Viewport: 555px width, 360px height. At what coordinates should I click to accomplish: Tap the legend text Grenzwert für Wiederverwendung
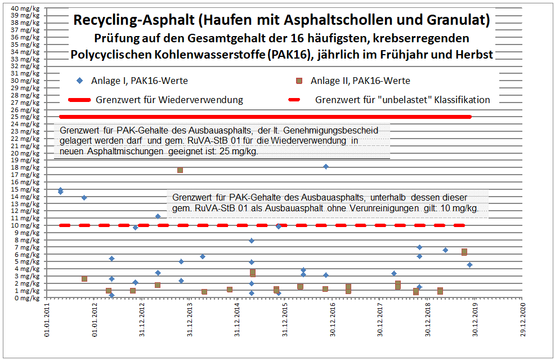pyautogui.click(x=169, y=100)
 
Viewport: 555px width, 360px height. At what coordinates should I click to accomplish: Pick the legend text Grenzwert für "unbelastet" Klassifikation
pyautogui.click(x=402, y=100)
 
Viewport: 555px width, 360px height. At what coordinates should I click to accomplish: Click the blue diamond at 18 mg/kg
pyautogui.click(x=326, y=167)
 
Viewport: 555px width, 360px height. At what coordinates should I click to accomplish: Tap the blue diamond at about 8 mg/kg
pyautogui.click(x=252, y=241)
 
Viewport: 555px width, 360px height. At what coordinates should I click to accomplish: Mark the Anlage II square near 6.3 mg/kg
pyautogui.click(x=464, y=252)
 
